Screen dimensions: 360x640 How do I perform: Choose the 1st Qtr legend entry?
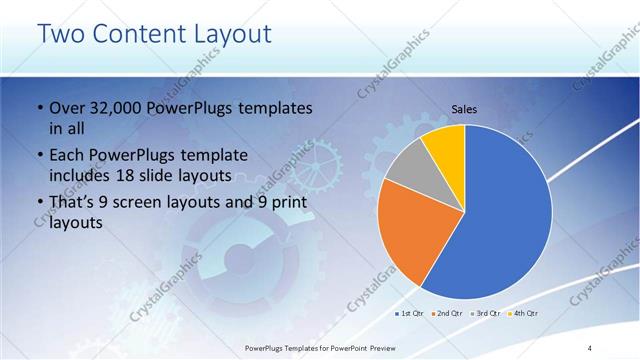(408, 313)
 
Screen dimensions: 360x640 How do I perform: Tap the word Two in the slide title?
(58, 34)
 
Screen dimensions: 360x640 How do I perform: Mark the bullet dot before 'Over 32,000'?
(38, 108)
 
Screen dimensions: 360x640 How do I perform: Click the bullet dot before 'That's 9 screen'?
(38, 205)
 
